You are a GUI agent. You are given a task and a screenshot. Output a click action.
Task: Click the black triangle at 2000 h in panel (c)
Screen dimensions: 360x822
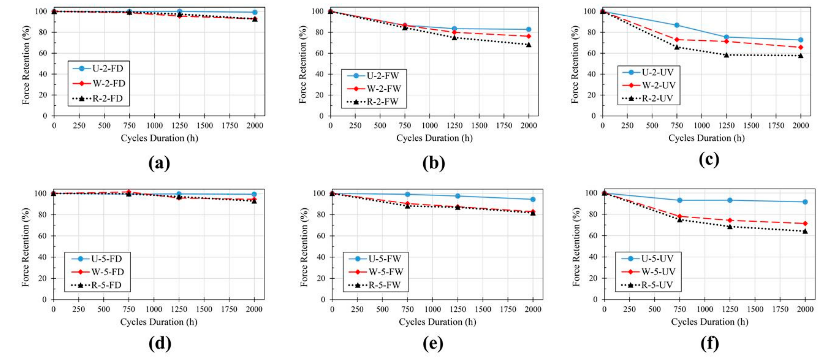point(801,56)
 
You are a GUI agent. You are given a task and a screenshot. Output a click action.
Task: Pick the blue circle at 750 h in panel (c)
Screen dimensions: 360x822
point(677,25)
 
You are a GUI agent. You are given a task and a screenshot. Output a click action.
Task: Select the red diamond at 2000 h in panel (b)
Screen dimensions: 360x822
point(529,36)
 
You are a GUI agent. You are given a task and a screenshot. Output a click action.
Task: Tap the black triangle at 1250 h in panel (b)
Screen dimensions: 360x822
point(454,38)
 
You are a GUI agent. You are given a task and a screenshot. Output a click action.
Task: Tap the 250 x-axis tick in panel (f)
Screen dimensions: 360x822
point(629,309)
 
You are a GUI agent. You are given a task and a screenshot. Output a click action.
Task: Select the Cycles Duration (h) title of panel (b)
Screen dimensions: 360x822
point(434,138)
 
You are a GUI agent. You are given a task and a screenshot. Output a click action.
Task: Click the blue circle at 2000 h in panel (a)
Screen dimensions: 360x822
point(255,12)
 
